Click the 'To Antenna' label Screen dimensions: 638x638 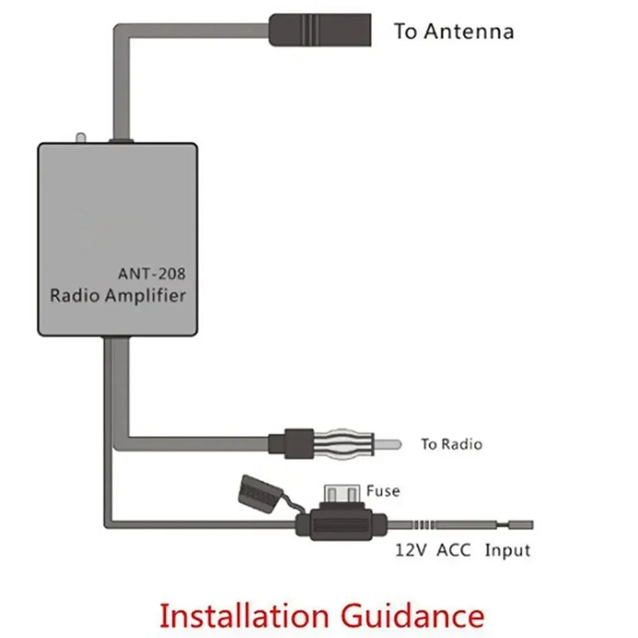click(453, 31)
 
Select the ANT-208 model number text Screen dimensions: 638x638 click(152, 273)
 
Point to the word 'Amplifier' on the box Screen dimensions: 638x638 click(146, 295)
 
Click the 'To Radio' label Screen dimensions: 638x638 click(451, 444)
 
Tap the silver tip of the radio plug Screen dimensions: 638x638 click(390, 443)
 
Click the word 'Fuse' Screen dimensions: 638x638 click(383, 491)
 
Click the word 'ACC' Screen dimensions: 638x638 click(454, 551)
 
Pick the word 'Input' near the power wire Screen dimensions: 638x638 click(508, 551)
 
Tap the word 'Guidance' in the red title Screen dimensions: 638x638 click(413, 616)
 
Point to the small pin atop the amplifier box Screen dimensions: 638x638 click(81, 138)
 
